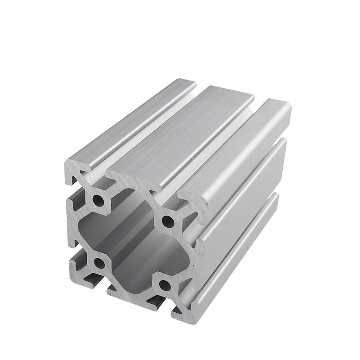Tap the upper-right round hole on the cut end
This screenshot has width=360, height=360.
point(167,220)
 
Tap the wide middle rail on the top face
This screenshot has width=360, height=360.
point(180,135)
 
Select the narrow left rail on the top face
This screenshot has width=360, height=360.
point(130,121)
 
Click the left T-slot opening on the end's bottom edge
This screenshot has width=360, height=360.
point(92,279)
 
